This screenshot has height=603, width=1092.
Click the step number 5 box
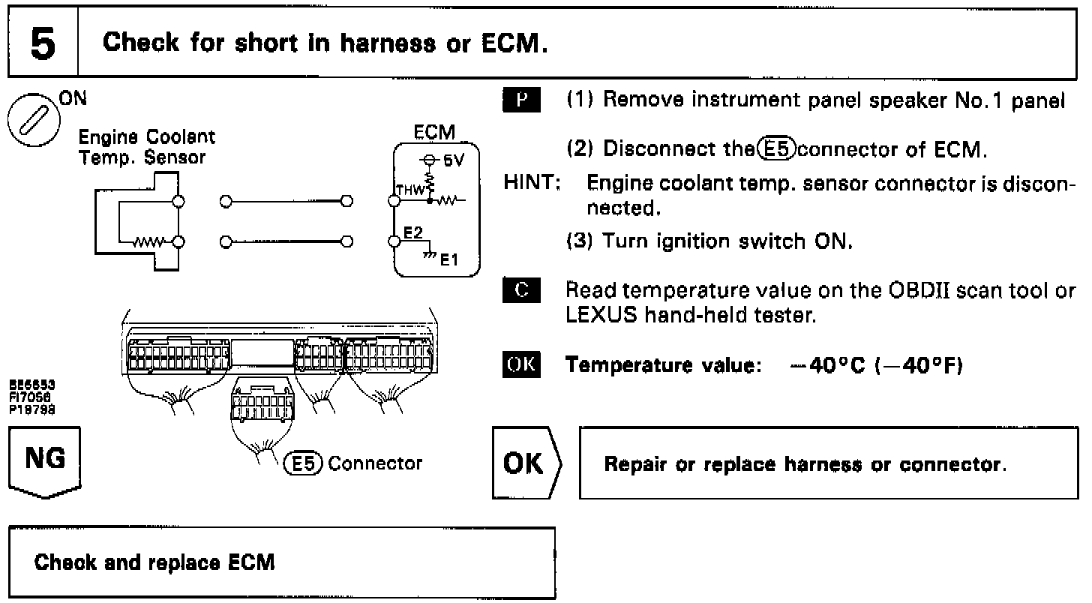click(x=43, y=43)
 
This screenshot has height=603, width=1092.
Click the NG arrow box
click(x=45, y=464)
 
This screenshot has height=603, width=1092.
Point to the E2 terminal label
click(x=412, y=233)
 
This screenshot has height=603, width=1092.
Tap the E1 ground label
click(x=448, y=260)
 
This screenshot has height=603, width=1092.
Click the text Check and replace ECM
click(x=154, y=562)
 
